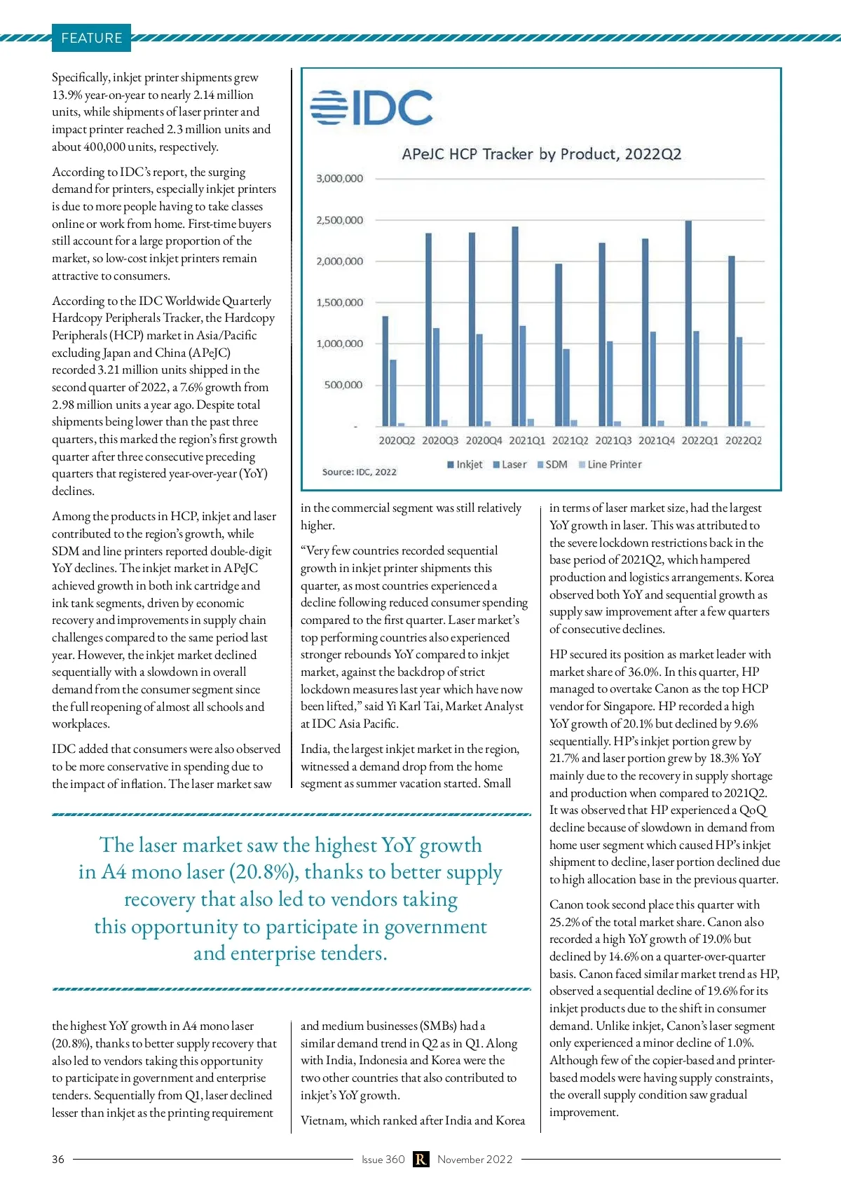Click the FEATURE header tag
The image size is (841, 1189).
(x=91, y=38)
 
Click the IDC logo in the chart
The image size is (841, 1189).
(x=371, y=107)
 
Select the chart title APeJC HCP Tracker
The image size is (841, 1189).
(x=541, y=154)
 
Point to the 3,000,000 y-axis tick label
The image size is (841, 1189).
(x=340, y=179)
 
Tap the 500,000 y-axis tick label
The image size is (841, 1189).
(x=343, y=385)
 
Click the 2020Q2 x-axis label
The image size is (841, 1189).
(x=397, y=441)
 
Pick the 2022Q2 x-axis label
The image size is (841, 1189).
(x=744, y=441)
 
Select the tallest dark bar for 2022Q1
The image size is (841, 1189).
(x=688, y=323)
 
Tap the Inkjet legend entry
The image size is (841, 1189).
(x=465, y=465)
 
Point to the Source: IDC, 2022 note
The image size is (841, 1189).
(x=359, y=473)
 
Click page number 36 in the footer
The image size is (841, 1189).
(x=58, y=1160)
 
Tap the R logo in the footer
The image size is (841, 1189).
(x=420, y=1160)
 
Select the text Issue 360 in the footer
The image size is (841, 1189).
(x=383, y=1160)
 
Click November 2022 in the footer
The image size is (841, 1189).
(x=475, y=1160)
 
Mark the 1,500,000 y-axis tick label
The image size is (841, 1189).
(x=340, y=303)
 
